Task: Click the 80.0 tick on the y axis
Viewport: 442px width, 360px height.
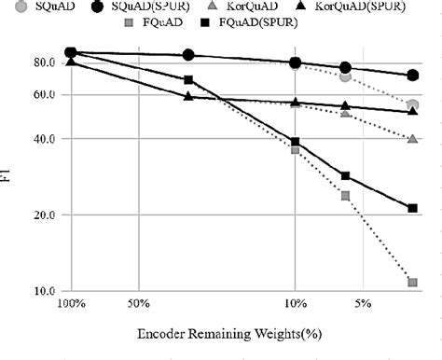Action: click(44, 62)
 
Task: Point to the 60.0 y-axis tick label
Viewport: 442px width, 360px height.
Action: click(44, 94)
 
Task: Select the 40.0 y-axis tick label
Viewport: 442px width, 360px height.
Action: click(44, 139)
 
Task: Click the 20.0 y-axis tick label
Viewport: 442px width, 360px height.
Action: click(44, 215)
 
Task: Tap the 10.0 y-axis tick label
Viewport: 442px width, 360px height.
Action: click(44, 291)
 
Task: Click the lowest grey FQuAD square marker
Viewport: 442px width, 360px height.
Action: click(412, 282)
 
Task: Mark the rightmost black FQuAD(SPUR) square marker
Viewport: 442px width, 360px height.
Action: click(412, 208)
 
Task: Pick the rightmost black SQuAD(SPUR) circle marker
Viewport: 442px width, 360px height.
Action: click(412, 76)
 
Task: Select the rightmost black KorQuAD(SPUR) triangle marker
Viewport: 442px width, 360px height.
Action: click(412, 112)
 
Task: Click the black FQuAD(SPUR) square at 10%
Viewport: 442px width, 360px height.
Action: click(296, 142)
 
